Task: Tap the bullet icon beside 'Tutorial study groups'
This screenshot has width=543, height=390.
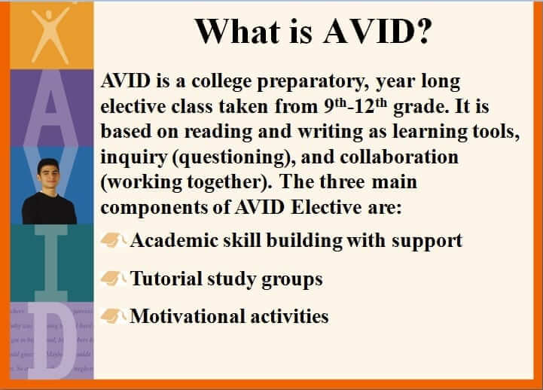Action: point(114,279)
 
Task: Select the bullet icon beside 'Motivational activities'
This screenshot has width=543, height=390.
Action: point(114,315)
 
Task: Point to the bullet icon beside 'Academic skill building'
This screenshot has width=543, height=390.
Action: point(114,241)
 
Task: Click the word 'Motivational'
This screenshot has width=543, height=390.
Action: point(182,316)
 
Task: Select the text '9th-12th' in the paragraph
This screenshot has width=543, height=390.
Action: point(356,106)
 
